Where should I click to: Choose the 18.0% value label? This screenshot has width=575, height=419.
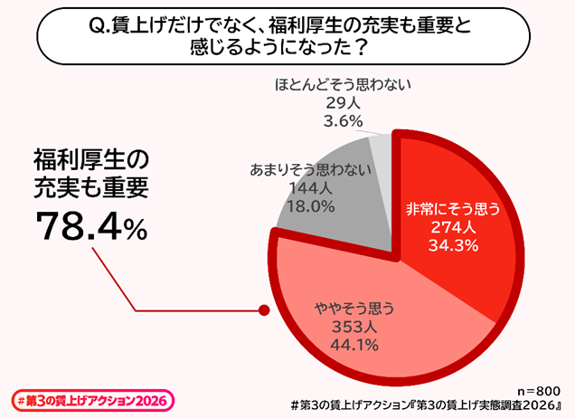tap(310, 206)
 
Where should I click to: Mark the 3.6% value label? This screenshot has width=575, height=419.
tap(342, 120)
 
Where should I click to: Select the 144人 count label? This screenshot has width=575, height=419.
tap(310, 189)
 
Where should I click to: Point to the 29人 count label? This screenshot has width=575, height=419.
tap(342, 103)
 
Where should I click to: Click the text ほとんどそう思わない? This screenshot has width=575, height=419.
tap(342, 86)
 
